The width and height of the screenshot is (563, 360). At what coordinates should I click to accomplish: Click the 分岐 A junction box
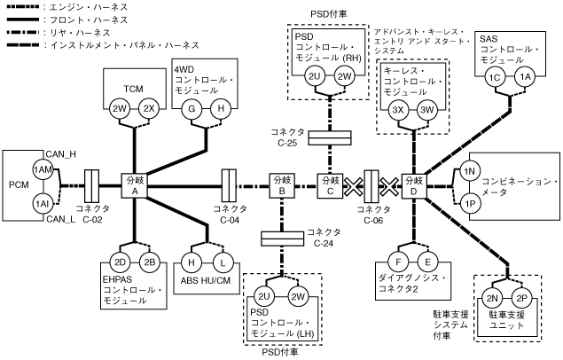(135, 186)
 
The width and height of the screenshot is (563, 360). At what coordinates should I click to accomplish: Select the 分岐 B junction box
(281, 186)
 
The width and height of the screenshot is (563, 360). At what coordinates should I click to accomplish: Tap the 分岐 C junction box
(331, 186)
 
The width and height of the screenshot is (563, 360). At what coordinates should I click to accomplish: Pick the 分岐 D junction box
(413, 186)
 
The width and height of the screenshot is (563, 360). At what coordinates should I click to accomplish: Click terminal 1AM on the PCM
(42, 169)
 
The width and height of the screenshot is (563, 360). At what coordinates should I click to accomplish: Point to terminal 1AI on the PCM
(42, 203)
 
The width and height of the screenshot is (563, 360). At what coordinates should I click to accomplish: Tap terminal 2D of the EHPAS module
(121, 262)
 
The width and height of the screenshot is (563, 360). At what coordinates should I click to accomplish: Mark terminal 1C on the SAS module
(496, 78)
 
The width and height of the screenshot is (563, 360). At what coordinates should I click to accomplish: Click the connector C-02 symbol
(90, 186)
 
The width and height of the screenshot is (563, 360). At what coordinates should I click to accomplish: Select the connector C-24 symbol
(281, 238)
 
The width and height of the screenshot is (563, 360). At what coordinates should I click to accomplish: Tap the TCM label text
(133, 88)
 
